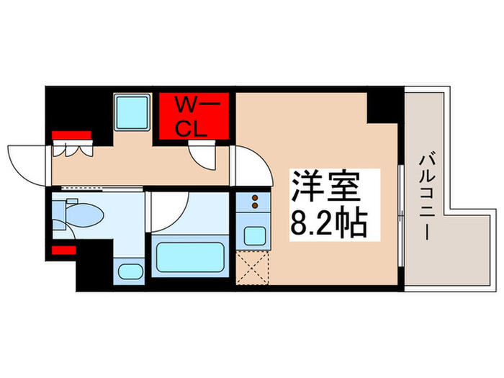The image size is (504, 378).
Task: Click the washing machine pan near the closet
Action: (132, 112)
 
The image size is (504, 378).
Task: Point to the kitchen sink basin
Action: (253, 235)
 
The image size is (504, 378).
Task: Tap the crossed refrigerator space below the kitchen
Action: (253, 270)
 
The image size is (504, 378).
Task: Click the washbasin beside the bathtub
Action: (130, 272)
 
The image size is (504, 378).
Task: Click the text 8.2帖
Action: (328, 224)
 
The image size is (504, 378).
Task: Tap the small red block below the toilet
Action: (64, 250)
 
